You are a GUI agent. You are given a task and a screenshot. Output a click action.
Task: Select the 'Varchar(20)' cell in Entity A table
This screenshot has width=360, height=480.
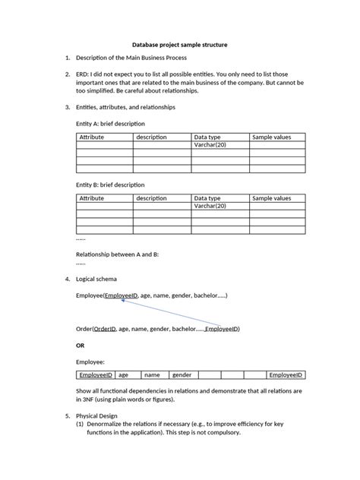210,144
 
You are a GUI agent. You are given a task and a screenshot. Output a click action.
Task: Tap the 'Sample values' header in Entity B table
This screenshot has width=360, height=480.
271,198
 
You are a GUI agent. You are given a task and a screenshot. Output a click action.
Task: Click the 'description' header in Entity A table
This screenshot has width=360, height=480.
152,137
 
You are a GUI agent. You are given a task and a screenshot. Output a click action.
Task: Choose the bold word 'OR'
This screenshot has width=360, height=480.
81,346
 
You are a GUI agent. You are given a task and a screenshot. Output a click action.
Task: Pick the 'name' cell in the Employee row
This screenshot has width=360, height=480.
153,374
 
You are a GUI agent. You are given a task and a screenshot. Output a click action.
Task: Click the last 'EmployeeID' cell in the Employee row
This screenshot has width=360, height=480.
286,374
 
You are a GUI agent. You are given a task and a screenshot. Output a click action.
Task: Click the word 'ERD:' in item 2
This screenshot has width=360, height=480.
84,74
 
